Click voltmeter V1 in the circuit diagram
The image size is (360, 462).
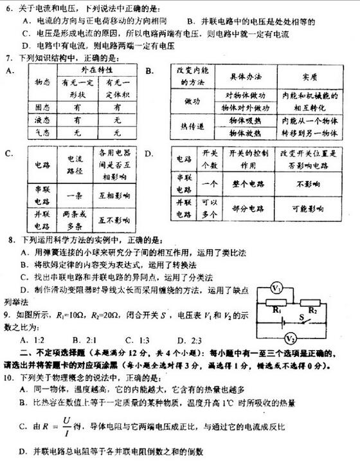click(276, 288)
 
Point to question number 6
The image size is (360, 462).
click(8, 6)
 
